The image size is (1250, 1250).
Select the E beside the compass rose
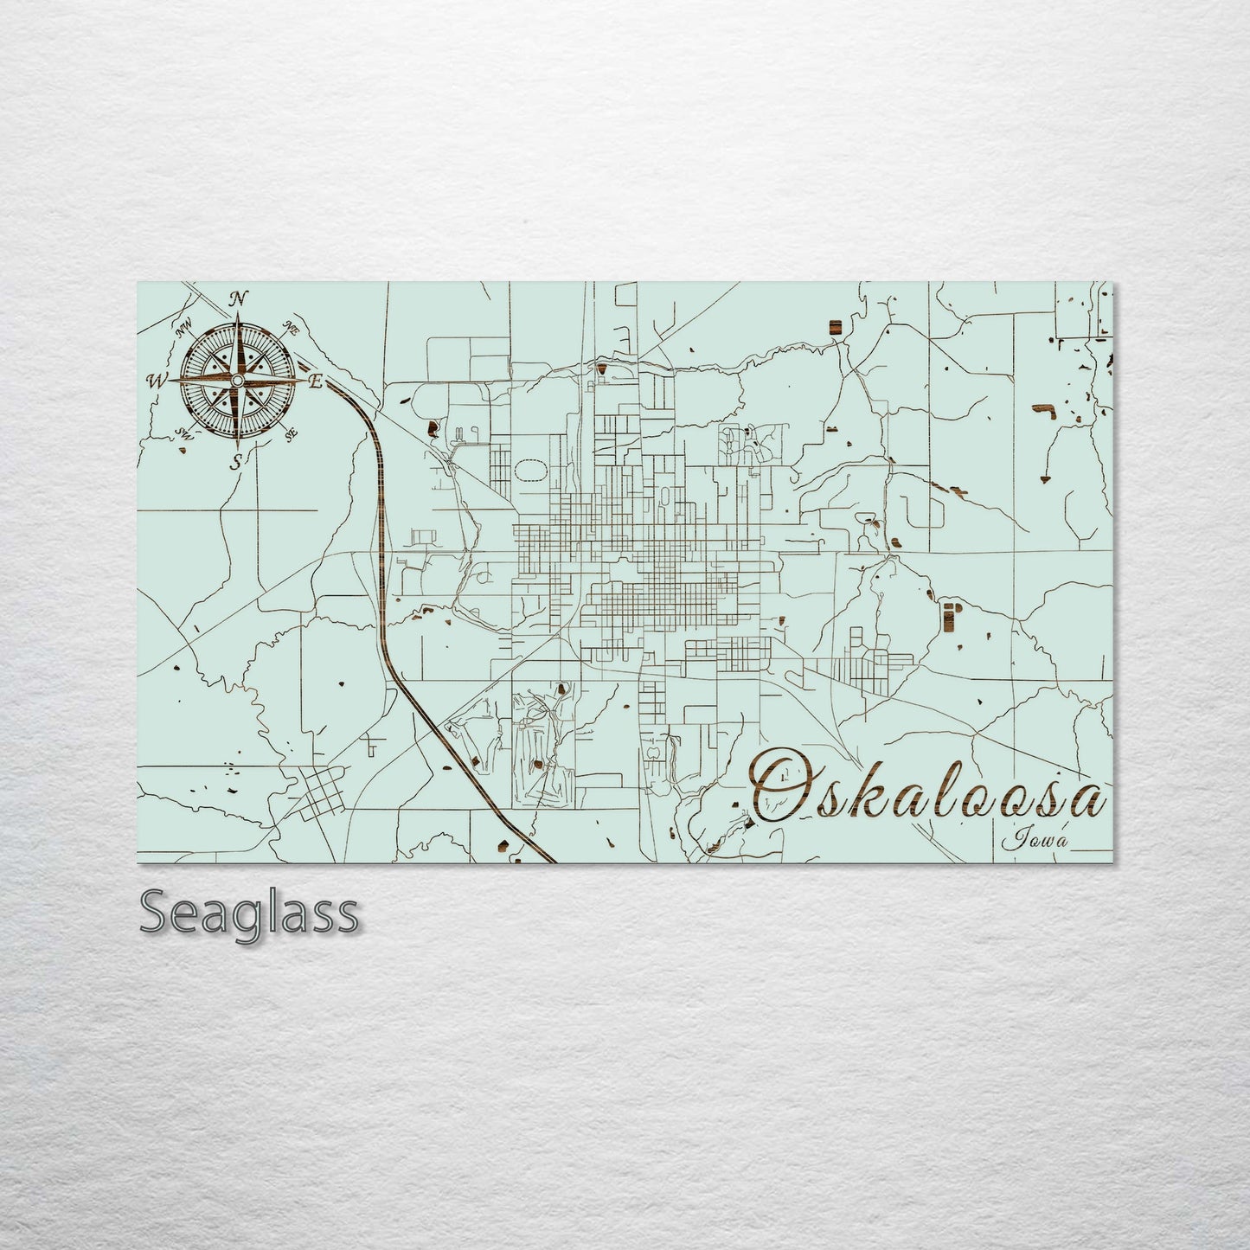(316, 381)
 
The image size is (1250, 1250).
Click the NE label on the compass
(292, 330)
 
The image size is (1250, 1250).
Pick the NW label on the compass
(183, 329)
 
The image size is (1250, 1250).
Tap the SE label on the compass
(292, 433)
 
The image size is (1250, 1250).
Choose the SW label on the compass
(183, 433)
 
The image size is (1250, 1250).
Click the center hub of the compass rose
(237, 381)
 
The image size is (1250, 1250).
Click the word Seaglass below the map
(248, 913)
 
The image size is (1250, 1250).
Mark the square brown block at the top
(834, 325)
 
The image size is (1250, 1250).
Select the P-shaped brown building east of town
(950, 616)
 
